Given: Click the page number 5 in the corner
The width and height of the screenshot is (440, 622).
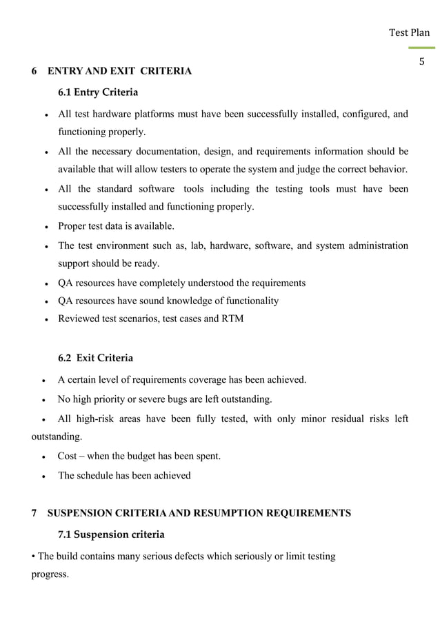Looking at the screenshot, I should pos(422,62).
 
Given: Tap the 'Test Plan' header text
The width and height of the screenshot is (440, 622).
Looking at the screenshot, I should pos(409,32).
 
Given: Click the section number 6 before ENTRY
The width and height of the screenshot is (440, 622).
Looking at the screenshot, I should pos(35,71).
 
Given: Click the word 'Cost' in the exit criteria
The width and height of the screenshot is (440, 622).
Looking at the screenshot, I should pos(67,457).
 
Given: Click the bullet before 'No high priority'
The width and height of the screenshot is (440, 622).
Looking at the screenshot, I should pos(45,399).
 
